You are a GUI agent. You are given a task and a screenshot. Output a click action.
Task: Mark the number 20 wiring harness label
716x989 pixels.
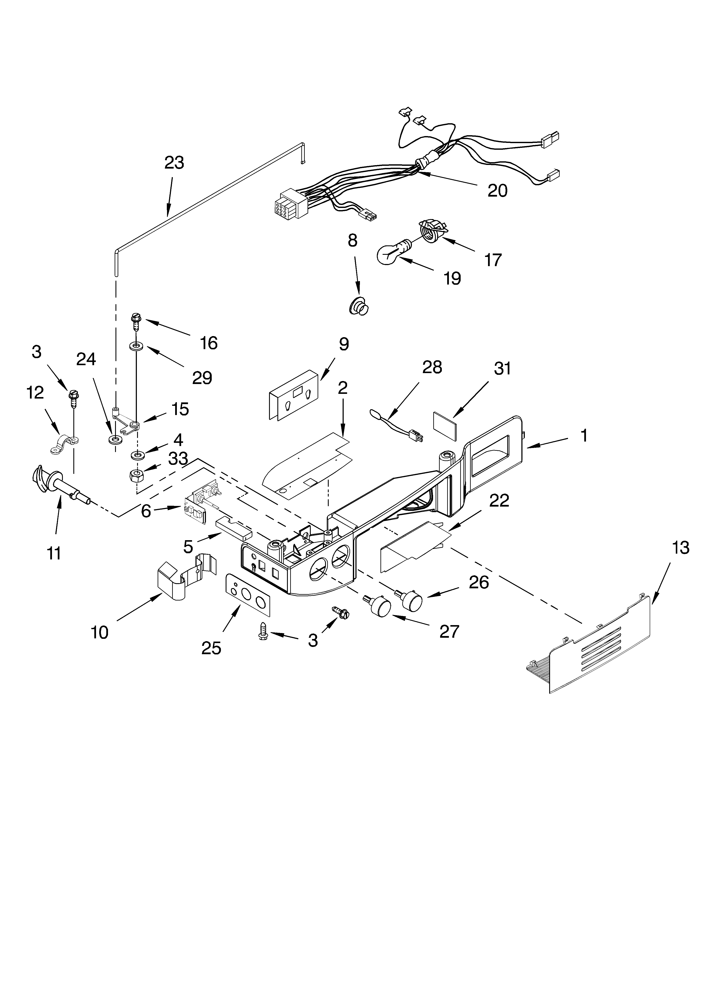coord(497,191)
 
